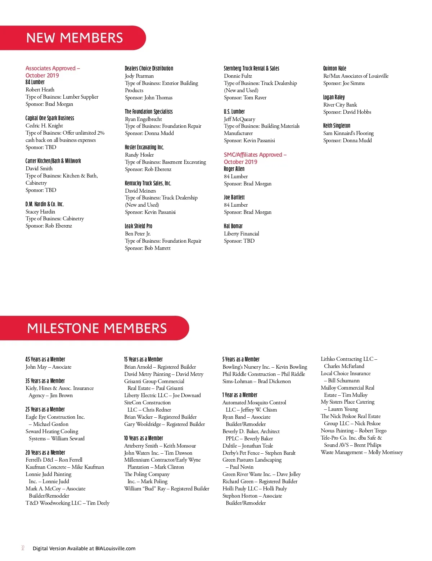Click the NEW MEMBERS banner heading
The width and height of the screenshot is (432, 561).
tap(75, 38)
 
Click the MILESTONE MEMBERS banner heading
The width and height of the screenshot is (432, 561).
tap(97, 328)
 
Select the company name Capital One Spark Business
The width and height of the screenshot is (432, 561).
tap(50, 118)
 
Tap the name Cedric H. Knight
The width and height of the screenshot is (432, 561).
tap(44, 126)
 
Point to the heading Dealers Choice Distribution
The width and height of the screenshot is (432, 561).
tap(149, 68)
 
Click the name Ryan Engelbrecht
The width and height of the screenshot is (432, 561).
tap(143, 119)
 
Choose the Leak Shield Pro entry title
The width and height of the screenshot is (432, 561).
tap(138, 226)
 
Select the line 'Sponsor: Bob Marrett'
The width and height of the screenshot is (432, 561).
tap(148, 248)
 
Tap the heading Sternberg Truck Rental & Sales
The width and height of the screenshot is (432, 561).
tap(251, 68)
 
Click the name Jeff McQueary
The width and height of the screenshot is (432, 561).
tap(239, 119)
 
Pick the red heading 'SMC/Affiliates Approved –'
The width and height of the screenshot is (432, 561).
tap(255, 155)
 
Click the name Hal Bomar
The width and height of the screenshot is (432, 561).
tap(233, 226)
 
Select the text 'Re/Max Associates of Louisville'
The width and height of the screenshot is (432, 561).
tap(356, 76)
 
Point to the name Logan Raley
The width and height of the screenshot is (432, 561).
tap(334, 97)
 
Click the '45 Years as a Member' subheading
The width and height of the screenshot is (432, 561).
tap(45, 359)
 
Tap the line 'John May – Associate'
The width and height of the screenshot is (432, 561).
tap(48, 367)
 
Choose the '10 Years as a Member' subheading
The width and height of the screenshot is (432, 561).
tap(143, 438)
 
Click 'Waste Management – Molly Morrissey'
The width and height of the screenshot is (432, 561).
tap(361, 452)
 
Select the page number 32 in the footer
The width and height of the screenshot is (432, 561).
tap(23, 548)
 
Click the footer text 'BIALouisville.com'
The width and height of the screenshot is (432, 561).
tap(115, 548)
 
